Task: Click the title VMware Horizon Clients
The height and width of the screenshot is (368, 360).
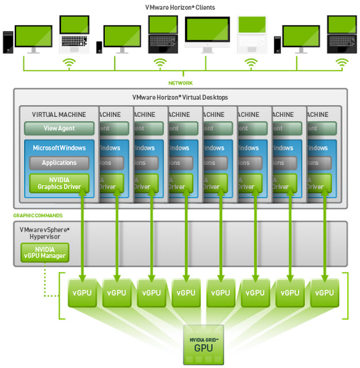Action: pos(181,7)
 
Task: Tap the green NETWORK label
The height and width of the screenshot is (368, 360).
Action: pos(181,83)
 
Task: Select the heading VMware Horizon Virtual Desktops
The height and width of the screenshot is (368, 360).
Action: pos(180,98)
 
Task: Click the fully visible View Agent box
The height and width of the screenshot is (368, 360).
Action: pos(59,128)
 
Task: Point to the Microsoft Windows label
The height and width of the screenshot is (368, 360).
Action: pos(59,148)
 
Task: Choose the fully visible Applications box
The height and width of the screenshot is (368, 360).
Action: pos(59,163)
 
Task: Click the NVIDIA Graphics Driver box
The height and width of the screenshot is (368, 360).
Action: pos(59,183)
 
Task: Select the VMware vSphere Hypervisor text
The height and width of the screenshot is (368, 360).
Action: pos(44,232)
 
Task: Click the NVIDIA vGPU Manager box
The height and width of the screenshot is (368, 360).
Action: pos(44,252)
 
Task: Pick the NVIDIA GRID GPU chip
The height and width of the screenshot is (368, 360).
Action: pos(203,344)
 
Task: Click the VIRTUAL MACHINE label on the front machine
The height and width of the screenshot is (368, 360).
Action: pos(59,114)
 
